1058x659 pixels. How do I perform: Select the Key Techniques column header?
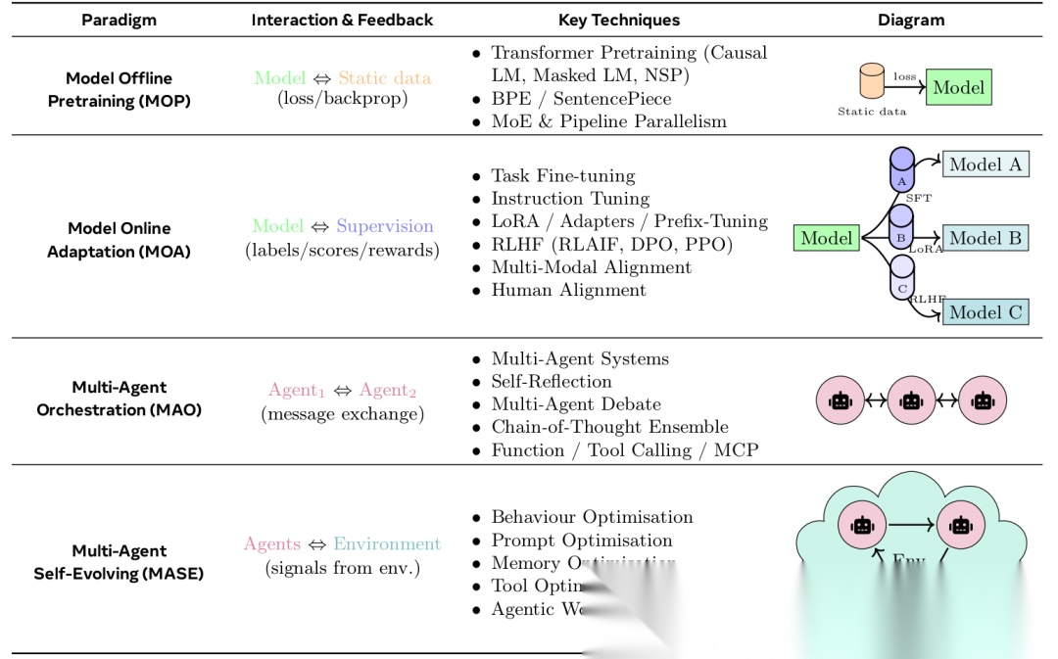pos(618,20)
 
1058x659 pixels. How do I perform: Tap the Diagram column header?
pos(911,20)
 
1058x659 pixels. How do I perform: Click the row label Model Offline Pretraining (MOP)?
pos(119,89)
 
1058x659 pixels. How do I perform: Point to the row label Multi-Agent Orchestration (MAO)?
pos(119,399)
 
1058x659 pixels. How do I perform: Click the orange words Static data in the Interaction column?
pos(384,77)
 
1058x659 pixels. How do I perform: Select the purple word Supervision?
pos(384,226)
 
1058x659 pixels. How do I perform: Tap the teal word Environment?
pos(387,544)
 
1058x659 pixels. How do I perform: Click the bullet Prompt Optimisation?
pos(582,541)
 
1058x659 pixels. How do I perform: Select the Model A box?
pos(986,165)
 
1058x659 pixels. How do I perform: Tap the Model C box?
pos(986,312)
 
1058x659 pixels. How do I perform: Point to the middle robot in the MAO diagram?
pos(911,400)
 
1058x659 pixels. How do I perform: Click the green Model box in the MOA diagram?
pos(826,238)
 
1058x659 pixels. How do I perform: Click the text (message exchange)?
pos(342,414)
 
